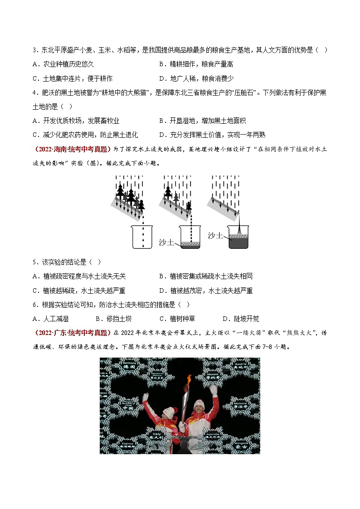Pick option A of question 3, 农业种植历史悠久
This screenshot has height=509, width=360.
[x=63, y=64]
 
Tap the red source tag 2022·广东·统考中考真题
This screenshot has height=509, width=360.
[x=73, y=333]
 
